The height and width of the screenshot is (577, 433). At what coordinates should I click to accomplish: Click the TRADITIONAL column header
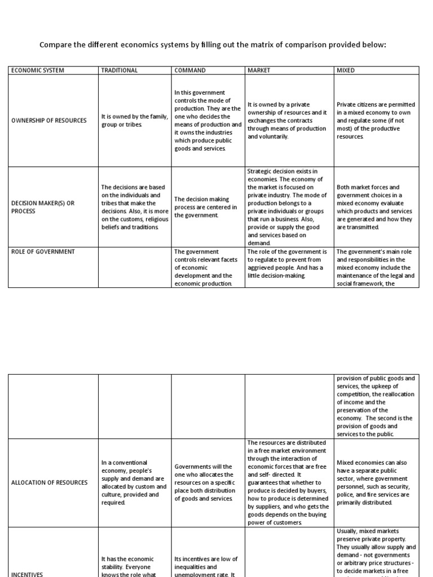pyautogui.click(x=119, y=70)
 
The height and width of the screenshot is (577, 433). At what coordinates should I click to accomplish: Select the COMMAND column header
pyautogui.click(x=190, y=70)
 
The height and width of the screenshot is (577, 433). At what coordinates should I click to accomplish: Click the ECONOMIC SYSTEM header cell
pyautogui.click(x=37, y=70)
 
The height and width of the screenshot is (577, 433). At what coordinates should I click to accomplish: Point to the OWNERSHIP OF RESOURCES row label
pyautogui.click(x=49, y=121)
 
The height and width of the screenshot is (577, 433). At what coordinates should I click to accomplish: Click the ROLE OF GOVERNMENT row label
pyautogui.click(x=43, y=251)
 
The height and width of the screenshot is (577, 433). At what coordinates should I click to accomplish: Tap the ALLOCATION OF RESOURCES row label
pyautogui.click(x=50, y=482)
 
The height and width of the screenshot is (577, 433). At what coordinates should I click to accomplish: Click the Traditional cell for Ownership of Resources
pyautogui.click(x=135, y=121)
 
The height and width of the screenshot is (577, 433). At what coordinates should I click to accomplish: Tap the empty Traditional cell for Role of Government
pyautogui.click(x=135, y=267)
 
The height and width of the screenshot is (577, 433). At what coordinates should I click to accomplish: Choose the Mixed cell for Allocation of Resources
pyautogui.click(x=375, y=482)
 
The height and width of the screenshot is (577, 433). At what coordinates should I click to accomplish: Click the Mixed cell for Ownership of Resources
pyautogui.click(x=375, y=121)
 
